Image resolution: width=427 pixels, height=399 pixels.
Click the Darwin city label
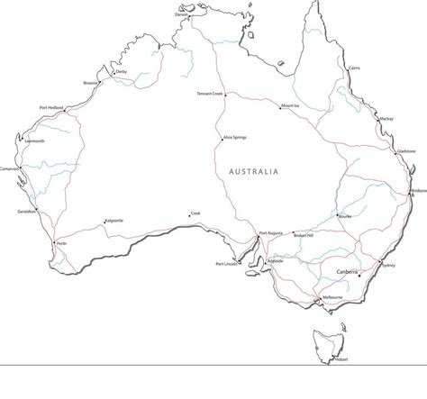click(x=182, y=15)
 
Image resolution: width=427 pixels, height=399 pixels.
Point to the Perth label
click(x=61, y=243)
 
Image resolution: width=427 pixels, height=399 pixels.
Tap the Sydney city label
click(x=388, y=267)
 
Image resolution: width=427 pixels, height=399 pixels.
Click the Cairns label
click(x=354, y=68)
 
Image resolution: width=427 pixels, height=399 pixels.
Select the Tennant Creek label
click(x=209, y=94)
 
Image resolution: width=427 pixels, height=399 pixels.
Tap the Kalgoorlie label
click(x=114, y=221)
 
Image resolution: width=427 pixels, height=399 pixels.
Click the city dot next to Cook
click(x=189, y=214)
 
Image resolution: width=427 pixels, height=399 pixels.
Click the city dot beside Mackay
click(x=377, y=118)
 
